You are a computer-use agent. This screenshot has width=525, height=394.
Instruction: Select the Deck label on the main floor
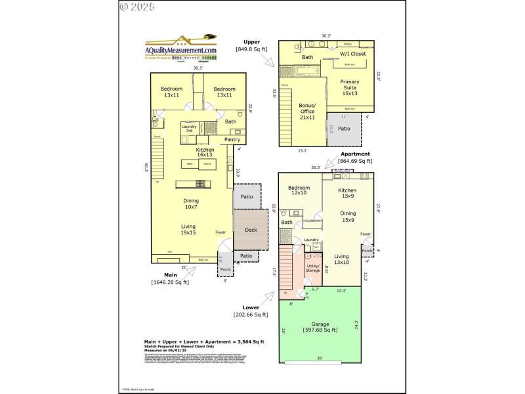251,230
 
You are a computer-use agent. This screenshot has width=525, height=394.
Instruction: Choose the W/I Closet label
352,53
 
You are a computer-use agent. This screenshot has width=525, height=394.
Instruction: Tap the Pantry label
232,139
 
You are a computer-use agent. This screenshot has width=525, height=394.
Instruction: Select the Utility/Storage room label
312,267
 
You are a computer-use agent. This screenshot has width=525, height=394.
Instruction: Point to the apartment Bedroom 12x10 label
300,190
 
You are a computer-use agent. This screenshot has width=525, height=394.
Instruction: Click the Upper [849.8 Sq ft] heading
252,45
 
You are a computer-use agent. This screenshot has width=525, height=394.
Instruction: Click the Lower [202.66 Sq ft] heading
251,311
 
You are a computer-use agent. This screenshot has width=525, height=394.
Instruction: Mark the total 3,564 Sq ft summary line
204,341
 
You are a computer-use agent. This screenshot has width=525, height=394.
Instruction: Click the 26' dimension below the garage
319,358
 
